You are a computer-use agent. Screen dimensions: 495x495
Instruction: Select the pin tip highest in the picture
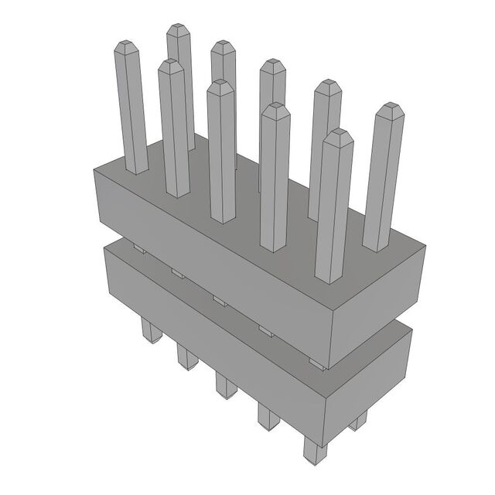click(x=179, y=30)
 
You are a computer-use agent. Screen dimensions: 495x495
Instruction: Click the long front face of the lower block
click(x=209, y=333)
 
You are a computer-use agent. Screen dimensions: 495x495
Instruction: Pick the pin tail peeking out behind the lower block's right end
click(x=357, y=421)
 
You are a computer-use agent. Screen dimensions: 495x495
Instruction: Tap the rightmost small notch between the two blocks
click(x=312, y=361)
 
